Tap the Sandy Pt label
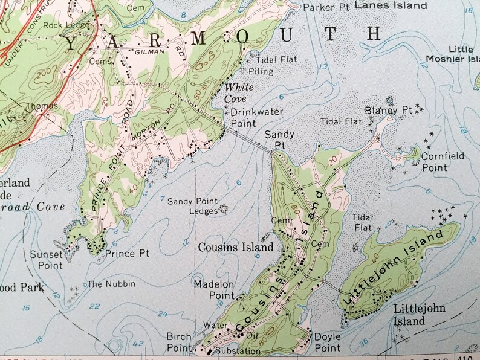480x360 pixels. [x=279, y=141]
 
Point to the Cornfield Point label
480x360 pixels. [x=443, y=161]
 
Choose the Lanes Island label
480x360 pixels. [x=391, y=5]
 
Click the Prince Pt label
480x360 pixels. [x=127, y=254]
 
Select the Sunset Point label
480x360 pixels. [x=47, y=260]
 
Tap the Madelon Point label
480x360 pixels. [x=213, y=289]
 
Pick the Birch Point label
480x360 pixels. [x=180, y=342]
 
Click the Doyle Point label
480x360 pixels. [x=327, y=342]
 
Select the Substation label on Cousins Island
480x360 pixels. [x=238, y=351]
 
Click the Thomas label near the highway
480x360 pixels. [x=42, y=106]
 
